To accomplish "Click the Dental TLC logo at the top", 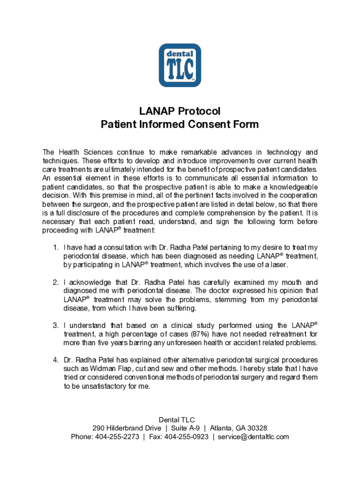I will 180,65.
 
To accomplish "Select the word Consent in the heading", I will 205,124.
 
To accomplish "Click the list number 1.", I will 55,247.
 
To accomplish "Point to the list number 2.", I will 55,283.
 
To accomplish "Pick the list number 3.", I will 55,326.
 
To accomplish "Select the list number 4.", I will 55,360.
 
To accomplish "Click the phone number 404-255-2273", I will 117,437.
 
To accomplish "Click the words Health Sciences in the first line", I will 89,152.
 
